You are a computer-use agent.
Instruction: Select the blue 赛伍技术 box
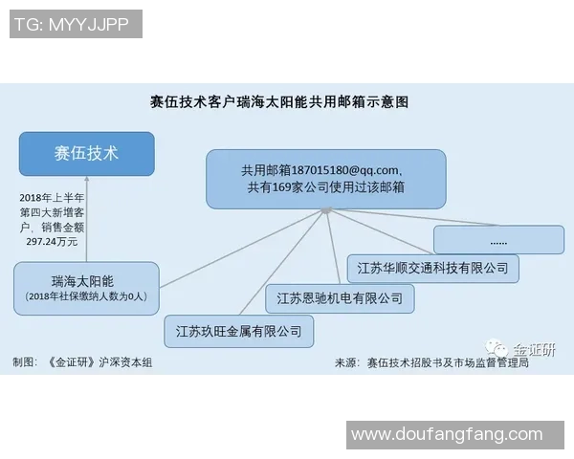pos(86,154)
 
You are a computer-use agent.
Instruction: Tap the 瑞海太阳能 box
pos(86,288)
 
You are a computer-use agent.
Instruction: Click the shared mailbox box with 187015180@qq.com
pos(325,179)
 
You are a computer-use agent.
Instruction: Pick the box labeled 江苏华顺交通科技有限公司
pos(432,268)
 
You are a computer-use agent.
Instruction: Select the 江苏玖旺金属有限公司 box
pos(238,331)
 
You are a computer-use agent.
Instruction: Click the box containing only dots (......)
pos(498,239)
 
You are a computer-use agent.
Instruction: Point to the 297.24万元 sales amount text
pos(52,242)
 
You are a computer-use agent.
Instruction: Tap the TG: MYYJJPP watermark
pos(73,24)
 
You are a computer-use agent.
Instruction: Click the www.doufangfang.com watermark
pos(446,434)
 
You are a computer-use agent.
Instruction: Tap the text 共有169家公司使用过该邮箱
pos(325,188)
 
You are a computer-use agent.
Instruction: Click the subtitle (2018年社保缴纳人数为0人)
pos(86,297)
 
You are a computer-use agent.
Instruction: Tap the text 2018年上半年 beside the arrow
pos(52,197)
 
